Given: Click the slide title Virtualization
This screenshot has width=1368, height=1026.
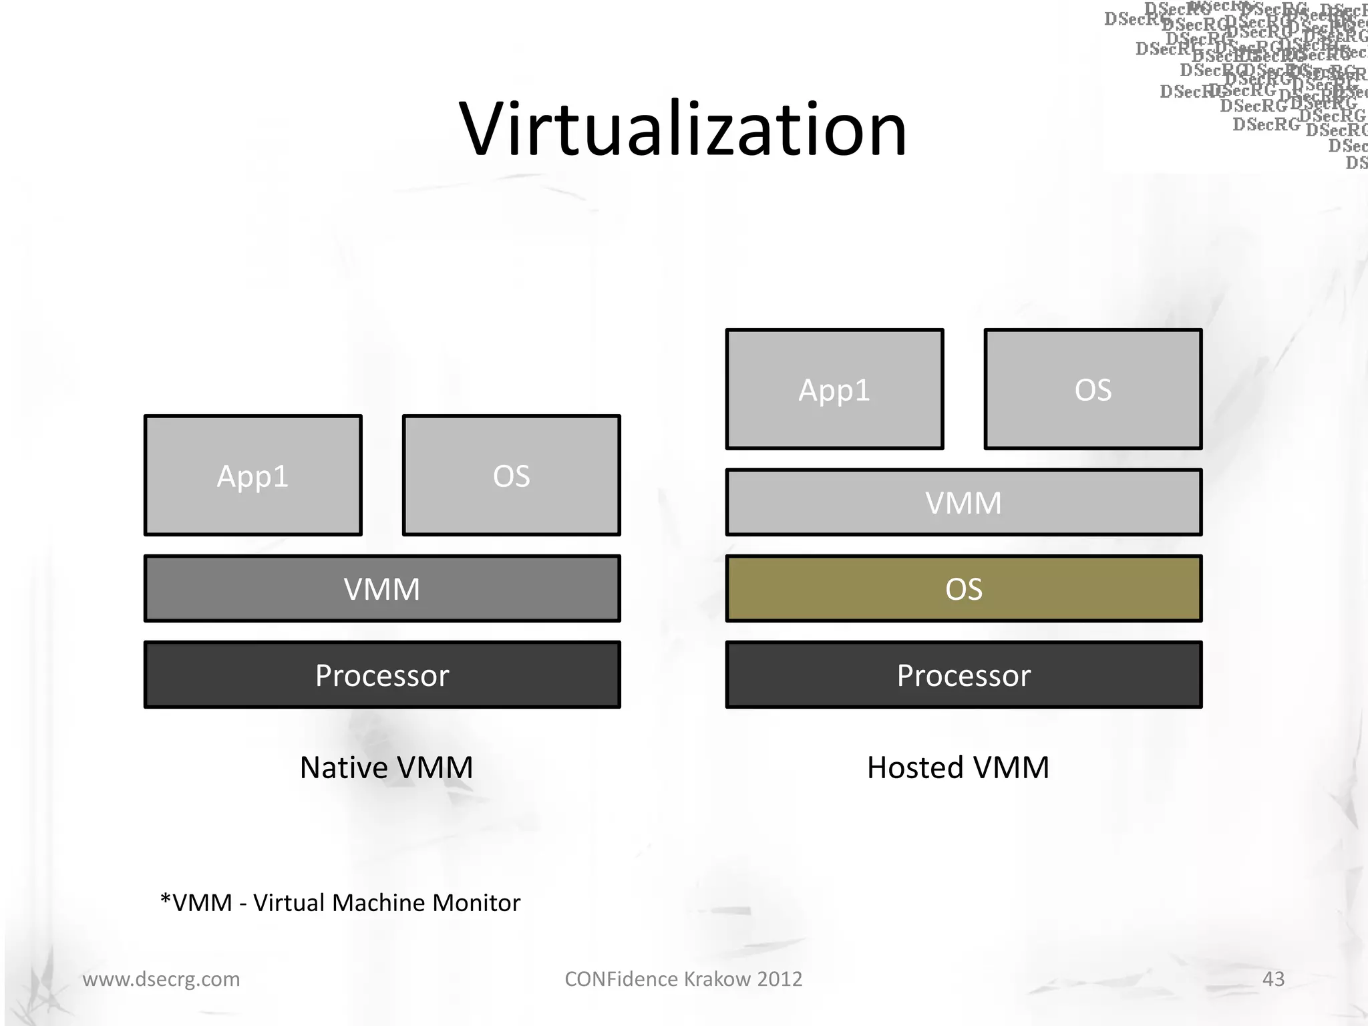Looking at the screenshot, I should pos(683,129).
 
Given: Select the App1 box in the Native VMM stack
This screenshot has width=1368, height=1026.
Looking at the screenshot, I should pos(253,476).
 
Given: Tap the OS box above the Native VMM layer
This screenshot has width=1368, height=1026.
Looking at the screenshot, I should pos(512,476).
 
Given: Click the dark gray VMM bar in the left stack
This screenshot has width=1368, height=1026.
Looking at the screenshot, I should pos(382,588).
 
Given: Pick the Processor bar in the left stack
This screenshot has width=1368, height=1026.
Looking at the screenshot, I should pos(382,675).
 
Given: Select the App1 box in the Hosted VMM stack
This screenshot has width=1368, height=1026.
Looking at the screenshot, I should pos(834,389).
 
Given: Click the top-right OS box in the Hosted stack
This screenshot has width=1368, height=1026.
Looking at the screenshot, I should pos(1093,389).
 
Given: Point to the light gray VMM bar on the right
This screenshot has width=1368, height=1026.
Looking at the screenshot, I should pos(963,502).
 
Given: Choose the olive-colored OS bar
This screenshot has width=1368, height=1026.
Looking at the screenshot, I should pos(963,588).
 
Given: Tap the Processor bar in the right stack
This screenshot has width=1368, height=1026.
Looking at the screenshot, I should pos(963,675).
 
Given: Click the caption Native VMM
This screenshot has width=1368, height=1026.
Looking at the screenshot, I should pos(386,767).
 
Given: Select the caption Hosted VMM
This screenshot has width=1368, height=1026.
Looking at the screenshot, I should pos(958,767).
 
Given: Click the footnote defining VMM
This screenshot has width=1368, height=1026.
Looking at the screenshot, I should pos(340,902).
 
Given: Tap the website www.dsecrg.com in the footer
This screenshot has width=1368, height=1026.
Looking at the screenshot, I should pos(161,979).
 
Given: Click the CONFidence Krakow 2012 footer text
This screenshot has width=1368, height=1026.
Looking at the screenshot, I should pos(683,979).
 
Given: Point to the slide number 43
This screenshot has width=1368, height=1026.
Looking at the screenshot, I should pos(1273,979).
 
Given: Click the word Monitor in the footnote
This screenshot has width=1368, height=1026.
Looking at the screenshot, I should pos(476,902).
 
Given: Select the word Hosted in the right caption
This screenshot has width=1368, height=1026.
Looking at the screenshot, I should pos(915,767).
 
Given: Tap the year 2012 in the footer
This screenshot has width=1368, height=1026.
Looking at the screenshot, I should pos(780,979).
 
